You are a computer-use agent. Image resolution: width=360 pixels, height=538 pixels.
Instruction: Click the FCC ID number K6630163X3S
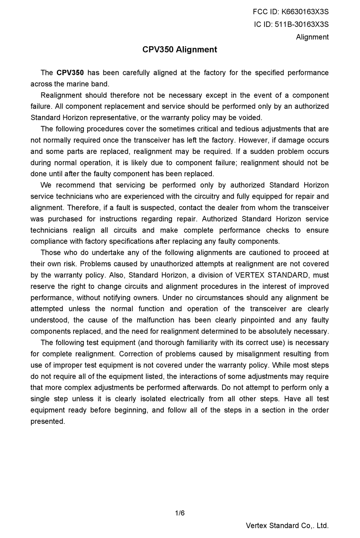(305, 12)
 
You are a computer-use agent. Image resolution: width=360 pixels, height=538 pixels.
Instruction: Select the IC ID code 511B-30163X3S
(301, 25)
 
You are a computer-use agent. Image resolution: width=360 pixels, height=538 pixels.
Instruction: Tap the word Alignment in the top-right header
(312, 37)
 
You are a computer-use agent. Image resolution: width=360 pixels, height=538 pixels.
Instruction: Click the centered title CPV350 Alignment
(180, 50)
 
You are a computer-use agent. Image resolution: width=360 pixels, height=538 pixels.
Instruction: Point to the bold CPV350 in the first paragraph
(70, 73)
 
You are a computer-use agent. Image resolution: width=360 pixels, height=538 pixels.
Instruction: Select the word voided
(251, 118)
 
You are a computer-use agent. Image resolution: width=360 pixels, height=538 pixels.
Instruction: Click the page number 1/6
(180, 513)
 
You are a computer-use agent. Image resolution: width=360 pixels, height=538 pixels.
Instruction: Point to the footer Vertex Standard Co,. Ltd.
(287, 526)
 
